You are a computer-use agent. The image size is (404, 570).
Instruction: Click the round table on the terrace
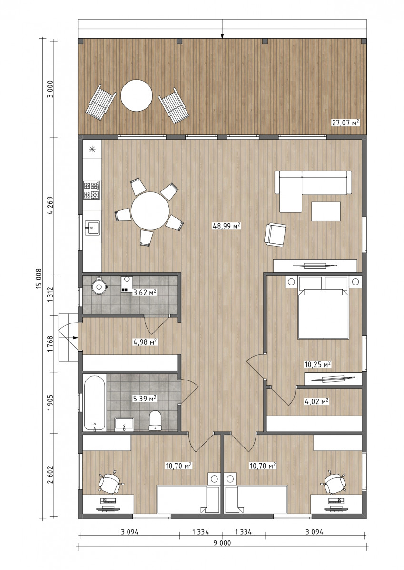tap(137, 95)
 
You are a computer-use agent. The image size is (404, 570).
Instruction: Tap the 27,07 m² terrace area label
tap(345, 123)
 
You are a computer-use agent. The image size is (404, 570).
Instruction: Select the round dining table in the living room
tap(150, 211)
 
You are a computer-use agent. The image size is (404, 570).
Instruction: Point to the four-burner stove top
tap(92, 190)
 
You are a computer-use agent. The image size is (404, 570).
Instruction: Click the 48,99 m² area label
tap(227, 226)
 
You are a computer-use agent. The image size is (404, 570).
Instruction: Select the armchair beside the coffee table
tap(275, 234)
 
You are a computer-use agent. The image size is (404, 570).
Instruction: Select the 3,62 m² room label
tap(145, 292)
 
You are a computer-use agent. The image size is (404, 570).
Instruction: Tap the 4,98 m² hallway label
tap(145, 342)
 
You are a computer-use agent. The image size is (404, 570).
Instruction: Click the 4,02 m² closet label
tap(316, 401)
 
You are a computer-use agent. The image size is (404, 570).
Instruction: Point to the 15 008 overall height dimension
tap(39, 278)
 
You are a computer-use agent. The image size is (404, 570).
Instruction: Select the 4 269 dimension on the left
tap(50, 205)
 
